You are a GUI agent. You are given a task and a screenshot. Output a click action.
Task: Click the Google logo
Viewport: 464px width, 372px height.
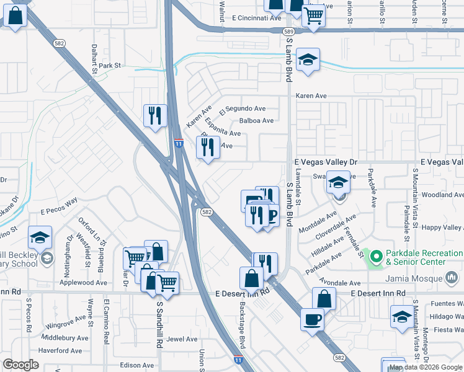click(21, 365)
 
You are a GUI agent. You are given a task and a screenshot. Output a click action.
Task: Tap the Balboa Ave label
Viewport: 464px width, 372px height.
click(256, 121)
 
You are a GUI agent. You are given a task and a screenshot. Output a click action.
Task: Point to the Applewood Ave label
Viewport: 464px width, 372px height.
click(83, 283)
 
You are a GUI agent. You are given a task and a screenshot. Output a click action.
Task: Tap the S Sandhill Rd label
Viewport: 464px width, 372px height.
click(159, 320)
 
